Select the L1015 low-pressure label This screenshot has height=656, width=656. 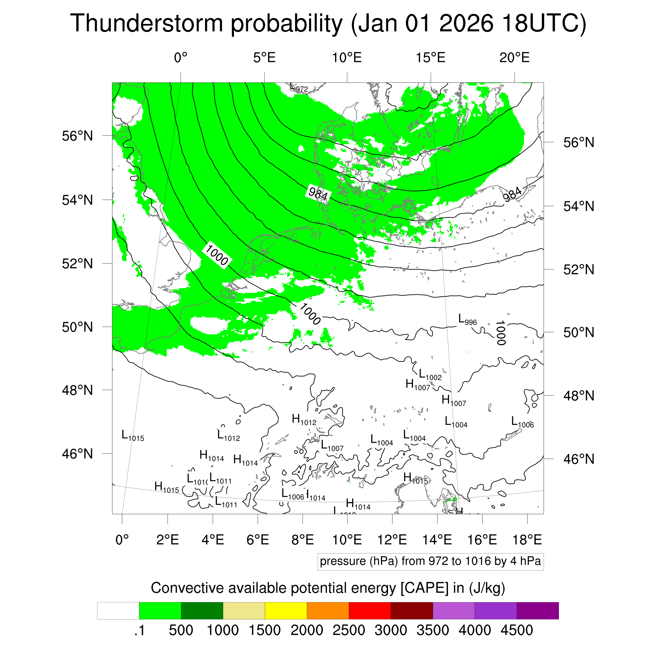133,436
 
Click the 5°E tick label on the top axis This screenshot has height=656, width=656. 264,58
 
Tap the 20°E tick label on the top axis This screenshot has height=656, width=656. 514,58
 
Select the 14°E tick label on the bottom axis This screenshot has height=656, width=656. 437,539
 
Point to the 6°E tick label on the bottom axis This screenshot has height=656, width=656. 258,539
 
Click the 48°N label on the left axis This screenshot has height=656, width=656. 77,390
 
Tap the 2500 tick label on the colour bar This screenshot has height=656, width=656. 349,630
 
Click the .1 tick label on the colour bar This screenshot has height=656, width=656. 140,630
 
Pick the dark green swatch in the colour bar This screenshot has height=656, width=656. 202,611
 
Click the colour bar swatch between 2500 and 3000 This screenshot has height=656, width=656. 370,611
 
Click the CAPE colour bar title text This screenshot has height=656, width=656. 328,588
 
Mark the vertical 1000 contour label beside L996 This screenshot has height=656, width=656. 501,332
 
